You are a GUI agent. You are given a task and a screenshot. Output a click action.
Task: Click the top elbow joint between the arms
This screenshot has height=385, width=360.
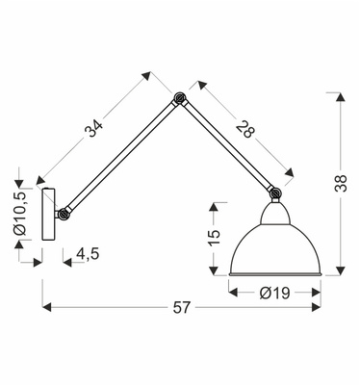(x=180, y=97)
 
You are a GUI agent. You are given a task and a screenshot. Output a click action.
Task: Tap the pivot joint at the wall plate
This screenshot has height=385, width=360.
(x=64, y=213)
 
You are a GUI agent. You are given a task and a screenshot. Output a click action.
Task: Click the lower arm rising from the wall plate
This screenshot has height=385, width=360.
(x=121, y=155)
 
